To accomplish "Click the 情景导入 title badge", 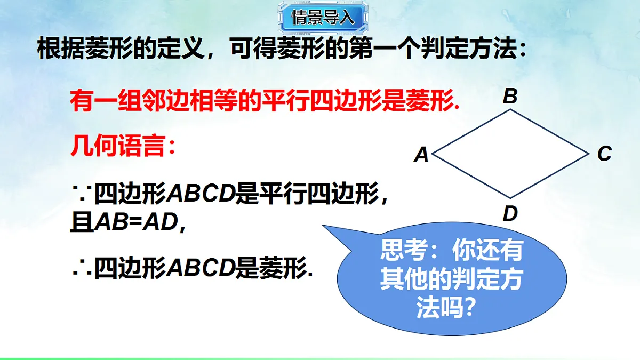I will [323, 18].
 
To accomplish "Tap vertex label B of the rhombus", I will [510, 97].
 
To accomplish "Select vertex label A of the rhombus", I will [421, 155].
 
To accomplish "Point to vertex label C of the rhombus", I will [604, 154].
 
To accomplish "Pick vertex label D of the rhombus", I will [510, 214].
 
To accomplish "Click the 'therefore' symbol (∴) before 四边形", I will [81, 268].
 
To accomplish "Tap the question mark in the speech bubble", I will [467, 308].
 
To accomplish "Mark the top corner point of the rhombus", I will [510, 110].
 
